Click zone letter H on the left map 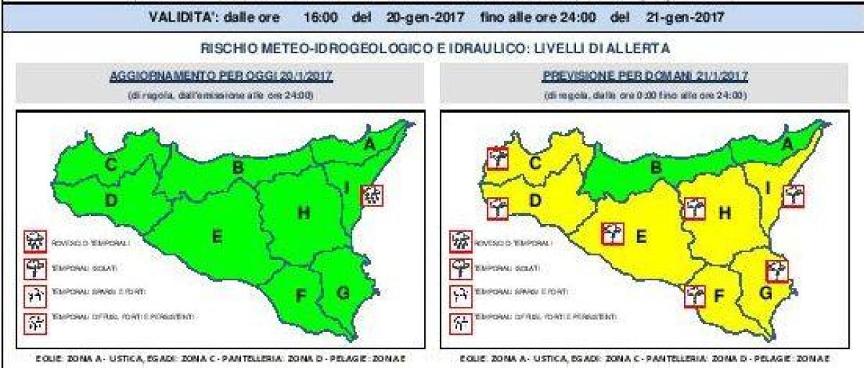304,212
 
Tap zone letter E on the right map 640,235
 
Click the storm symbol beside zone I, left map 372,194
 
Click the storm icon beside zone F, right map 694,296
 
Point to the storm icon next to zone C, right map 497,158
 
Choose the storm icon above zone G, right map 777,270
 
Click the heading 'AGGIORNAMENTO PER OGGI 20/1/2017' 221,76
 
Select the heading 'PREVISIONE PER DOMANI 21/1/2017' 645,76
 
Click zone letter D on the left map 112,201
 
